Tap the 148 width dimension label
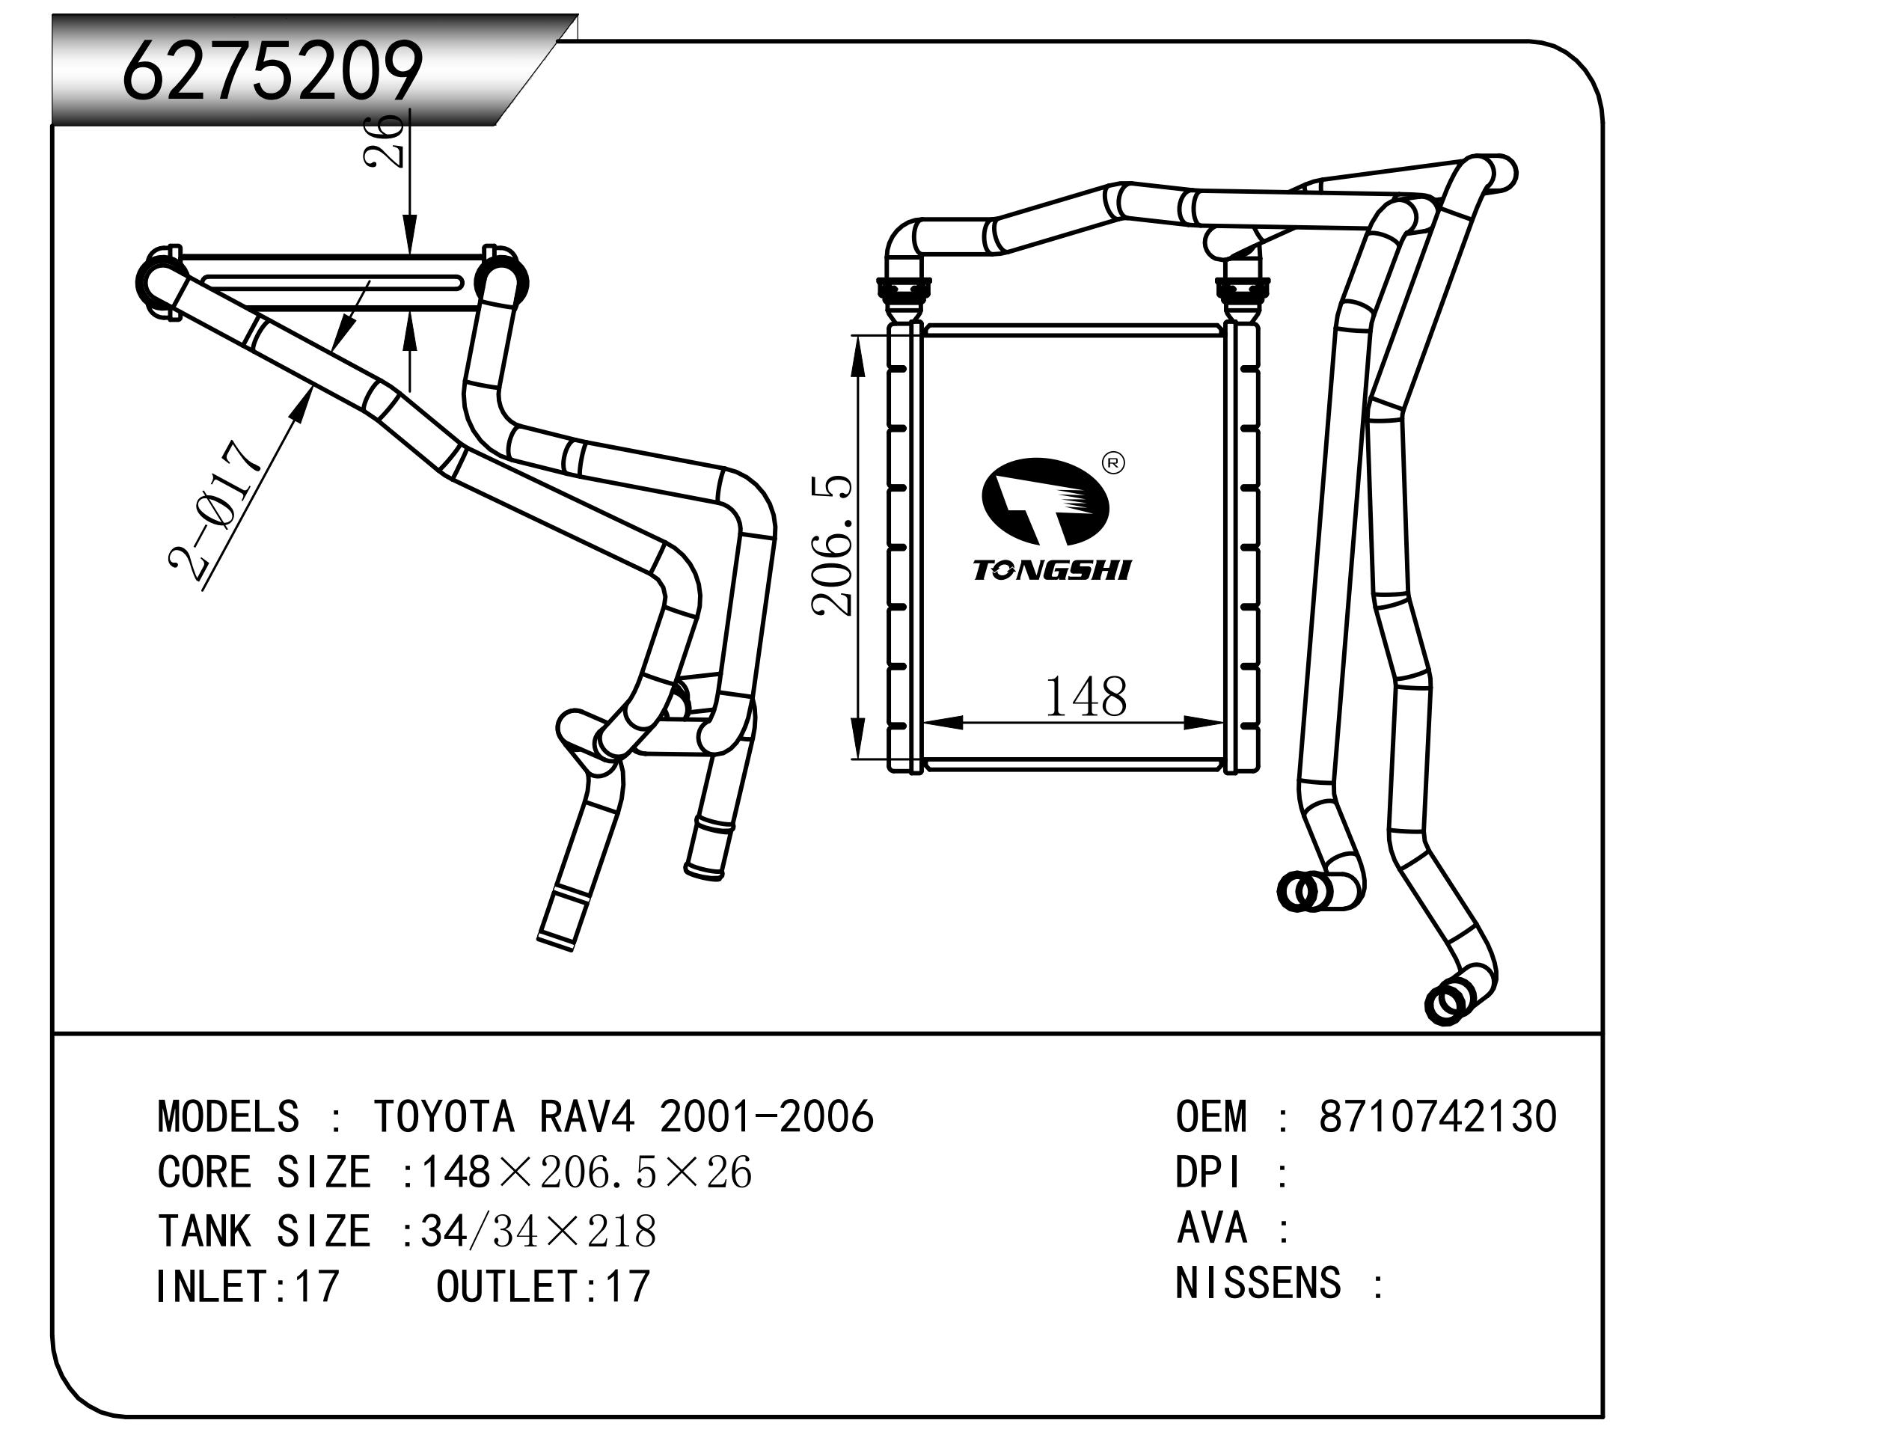click(1086, 697)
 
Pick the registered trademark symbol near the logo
click(1113, 463)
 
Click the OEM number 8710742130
click(1437, 1117)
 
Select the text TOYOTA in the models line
click(444, 1117)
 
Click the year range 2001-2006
click(766, 1117)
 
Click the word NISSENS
click(1257, 1285)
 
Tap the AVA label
click(1211, 1229)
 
